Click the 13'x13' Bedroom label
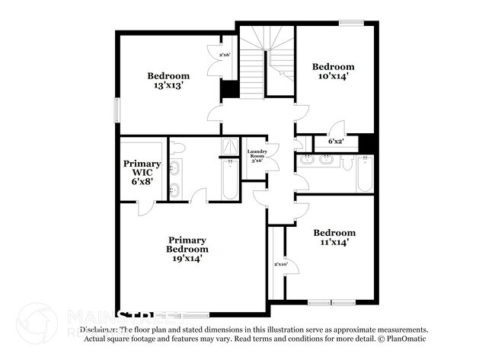click(168, 81)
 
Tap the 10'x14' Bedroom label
click(334, 72)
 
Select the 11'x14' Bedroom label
click(334, 237)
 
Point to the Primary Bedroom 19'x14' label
click(188, 249)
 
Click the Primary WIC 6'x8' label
click(142, 174)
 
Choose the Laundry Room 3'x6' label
click(257, 156)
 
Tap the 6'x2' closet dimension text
click(336, 142)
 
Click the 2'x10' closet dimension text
click(281, 264)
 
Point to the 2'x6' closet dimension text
click(225, 56)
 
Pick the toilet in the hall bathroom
click(349, 161)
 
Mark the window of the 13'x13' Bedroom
click(117, 109)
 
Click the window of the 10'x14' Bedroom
click(350, 23)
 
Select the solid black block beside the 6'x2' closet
click(367, 143)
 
